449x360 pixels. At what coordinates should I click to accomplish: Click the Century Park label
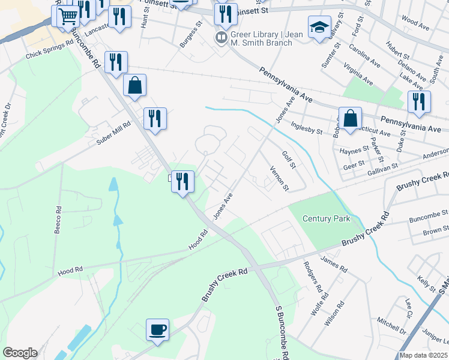click(x=326, y=219)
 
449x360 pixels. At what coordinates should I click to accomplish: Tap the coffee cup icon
click(x=157, y=329)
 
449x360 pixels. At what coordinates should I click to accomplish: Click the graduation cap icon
click(x=319, y=26)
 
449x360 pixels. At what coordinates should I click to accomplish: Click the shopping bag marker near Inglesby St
click(x=350, y=118)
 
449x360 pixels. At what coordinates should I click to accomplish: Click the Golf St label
click(x=289, y=160)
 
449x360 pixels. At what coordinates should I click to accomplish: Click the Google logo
click(x=20, y=353)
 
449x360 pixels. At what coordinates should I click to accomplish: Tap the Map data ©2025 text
click(x=424, y=355)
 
